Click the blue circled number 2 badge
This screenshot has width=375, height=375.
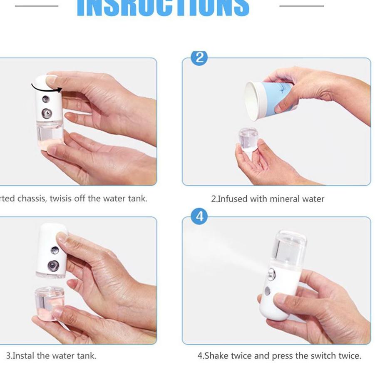coord(199,57)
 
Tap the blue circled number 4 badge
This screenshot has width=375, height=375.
coord(199,216)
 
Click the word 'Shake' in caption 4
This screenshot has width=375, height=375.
coord(217,356)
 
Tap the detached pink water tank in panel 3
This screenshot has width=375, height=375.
coord(49,302)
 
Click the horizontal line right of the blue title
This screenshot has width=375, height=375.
coord(301,6)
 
